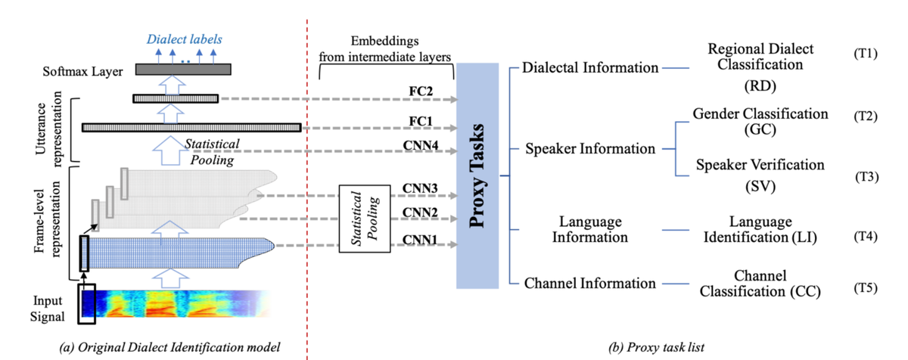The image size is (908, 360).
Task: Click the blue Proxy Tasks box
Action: click(x=477, y=175)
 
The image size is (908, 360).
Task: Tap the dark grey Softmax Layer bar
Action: click(x=183, y=70)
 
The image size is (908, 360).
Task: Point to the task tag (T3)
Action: click(x=866, y=178)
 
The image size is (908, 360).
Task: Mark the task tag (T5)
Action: click(x=866, y=288)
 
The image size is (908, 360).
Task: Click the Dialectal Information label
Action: click(x=590, y=68)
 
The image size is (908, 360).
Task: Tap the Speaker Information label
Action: click(x=590, y=149)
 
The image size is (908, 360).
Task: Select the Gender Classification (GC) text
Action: click(x=760, y=121)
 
